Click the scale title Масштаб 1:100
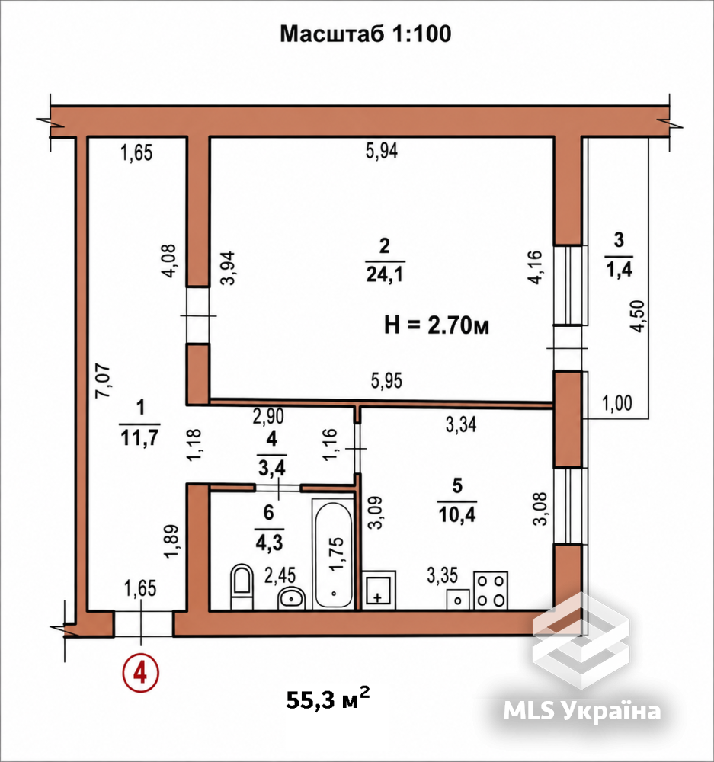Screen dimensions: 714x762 click(x=366, y=34)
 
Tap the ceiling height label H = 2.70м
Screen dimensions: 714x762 click(x=437, y=325)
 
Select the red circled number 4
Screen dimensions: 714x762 click(x=140, y=674)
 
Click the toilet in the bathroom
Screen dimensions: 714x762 click(x=242, y=586)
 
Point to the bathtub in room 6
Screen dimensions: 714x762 click(x=333, y=554)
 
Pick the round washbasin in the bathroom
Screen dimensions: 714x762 click(x=291, y=598)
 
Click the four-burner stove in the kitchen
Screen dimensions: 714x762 click(x=491, y=590)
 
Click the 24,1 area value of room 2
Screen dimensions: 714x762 click(x=385, y=275)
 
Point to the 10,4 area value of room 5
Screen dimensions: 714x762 click(x=457, y=514)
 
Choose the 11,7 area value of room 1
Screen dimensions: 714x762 click(x=139, y=438)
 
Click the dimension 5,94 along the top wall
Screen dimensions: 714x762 click(x=382, y=151)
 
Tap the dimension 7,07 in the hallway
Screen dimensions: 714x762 click(x=103, y=381)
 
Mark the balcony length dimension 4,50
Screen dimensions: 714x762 click(x=637, y=316)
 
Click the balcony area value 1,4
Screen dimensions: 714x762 click(x=620, y=268)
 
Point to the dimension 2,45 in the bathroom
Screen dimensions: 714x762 click(x=280, y=575)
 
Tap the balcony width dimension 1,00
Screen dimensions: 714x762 click(x=617, y=403)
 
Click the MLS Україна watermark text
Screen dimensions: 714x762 click(x=582, y=711)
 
